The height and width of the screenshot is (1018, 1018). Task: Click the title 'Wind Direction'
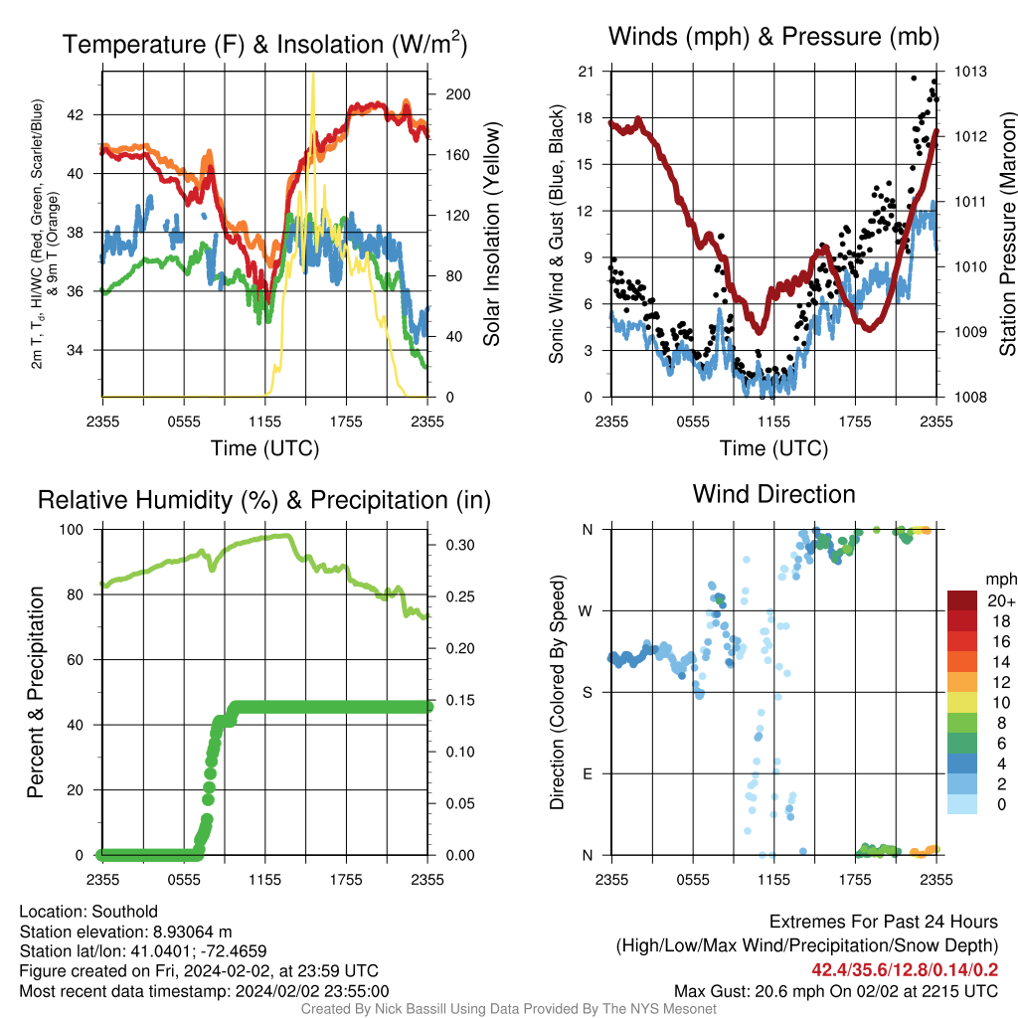click(773, 495)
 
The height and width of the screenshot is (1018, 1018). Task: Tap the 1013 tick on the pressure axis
click(970, 72)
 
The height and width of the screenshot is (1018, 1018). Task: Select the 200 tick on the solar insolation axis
click(457, 94)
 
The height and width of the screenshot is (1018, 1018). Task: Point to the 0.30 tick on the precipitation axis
click(460, 545)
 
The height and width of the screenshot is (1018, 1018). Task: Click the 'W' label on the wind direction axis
click(586, 611)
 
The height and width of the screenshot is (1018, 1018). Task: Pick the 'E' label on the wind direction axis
click(587, 773)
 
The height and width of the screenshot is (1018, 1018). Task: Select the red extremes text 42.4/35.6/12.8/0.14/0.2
click(905, 970)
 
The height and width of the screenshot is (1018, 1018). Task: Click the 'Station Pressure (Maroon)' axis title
click(1008, 234)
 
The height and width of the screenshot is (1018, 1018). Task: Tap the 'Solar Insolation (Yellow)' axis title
click(492, 234)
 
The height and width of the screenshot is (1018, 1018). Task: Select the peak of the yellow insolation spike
click(313, 73)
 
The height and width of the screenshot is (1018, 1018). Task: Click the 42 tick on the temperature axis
click(76, 115)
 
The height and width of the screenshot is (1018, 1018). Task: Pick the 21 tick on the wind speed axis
click(586, 72)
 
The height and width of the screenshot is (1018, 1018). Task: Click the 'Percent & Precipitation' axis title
click(35, 692)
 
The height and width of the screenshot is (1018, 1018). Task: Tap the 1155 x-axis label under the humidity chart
click(264, 880)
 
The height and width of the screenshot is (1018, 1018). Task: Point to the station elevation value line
click(125, 932)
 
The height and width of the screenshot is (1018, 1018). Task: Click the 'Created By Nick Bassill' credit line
click(508, 1009)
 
